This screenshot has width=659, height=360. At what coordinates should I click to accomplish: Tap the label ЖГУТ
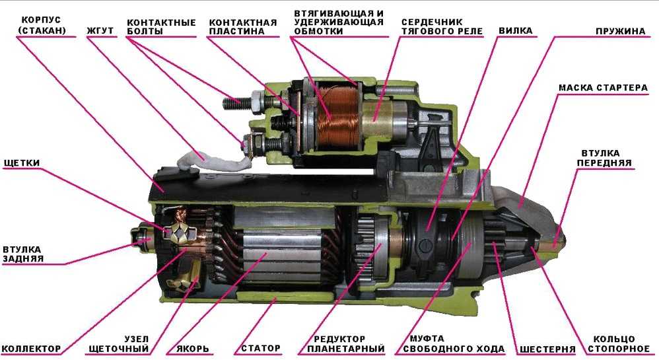click(100, 30)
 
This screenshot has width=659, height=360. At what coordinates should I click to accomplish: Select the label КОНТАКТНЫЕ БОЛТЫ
click(161, 26)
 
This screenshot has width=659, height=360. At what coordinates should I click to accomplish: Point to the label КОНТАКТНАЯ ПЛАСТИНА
click(243, 26)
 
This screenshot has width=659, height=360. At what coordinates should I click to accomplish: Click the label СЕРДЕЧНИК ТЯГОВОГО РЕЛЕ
click(442, 26)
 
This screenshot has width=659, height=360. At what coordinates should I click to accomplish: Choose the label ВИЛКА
click(516, 30)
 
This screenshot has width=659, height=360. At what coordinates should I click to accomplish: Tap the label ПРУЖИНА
click(620, 31)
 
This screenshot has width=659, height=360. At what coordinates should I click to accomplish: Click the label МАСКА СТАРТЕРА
click(603, 88)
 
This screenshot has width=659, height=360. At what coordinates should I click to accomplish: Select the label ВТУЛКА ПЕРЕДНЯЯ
click(604, 158)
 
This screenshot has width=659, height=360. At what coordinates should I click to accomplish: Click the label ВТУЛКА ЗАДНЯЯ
click(22, 254)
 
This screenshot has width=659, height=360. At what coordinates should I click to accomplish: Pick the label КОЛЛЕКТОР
click(32, 349)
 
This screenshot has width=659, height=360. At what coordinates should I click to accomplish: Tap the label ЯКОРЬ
click(193, 349)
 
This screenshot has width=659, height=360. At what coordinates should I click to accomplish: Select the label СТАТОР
click(261, 348)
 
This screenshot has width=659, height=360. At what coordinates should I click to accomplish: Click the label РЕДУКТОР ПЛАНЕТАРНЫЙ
click(346, 343)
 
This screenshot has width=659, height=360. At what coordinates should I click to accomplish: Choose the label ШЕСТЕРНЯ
click(547, 349)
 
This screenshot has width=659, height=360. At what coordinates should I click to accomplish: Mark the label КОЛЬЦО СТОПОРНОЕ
click(619, 343)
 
